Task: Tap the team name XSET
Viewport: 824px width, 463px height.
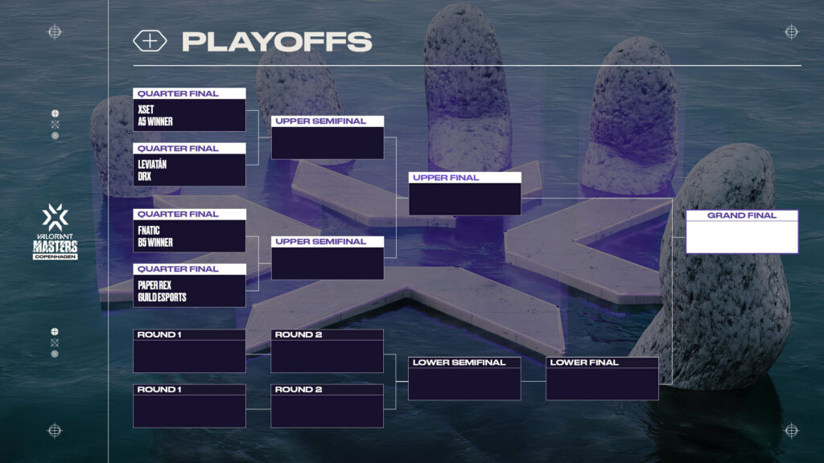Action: pyautogui.click(x=146, y=109)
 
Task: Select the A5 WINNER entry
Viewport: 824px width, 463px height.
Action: pyautogui.click(x=156, y=121)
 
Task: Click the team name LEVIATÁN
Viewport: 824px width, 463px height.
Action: pyautogui.click(x=153, y=164)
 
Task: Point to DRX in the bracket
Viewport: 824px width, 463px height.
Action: pyautogui.click(x=145, y=176)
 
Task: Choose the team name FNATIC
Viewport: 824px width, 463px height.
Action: pyautogui.click(x=150, y=230)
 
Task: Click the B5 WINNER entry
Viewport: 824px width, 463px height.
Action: pyautogui.click(x=156, y=242)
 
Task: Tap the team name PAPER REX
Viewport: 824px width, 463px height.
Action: pyautogui.click(x=154, y=285)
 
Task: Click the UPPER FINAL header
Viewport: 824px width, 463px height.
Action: pyautogui.click(x=446, y=178)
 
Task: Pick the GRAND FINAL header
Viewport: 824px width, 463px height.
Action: pyautogui.click(x=742, y=215)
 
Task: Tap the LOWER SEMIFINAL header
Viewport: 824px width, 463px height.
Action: pyautogui.click(x=459, y=363)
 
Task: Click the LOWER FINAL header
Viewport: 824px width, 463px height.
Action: pyautogui.click(x=584, y=363)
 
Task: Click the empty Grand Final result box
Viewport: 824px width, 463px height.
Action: pyautogui.click(x=742, y=237)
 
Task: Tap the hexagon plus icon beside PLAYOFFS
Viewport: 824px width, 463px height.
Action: pyautogui.click(x=150, y=42)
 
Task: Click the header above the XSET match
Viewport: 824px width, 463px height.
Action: pyautogui.click(x=189, y=93)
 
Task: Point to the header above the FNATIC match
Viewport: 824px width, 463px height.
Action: pyautogui.click(x=189, y=214)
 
